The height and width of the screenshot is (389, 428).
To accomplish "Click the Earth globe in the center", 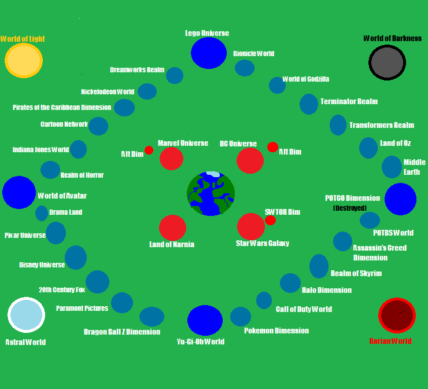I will [x=211, y=193].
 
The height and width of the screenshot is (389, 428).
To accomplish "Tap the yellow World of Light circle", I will [x=24, y=60].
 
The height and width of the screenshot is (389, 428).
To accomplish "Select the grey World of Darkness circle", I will [x=387, y=63].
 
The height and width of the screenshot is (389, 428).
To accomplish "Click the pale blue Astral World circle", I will [x=26, y=315].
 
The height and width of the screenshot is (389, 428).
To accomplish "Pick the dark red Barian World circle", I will [x=397, y=315].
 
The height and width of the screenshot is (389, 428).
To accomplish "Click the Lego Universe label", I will [x=206, y=33].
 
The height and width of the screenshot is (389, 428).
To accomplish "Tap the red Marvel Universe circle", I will [x=171, y=158].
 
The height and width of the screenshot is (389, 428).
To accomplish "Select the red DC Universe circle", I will [x=250, y=160].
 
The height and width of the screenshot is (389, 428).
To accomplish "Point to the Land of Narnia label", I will [x=171, y=244].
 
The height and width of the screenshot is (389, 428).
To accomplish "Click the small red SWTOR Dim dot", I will [x=270, y=221].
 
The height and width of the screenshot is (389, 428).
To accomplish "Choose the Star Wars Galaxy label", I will [x=262, y=243].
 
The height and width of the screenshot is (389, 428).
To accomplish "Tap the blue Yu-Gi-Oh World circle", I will [x=205, y=320].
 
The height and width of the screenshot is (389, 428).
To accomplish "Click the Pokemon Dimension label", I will [x=276, y=331].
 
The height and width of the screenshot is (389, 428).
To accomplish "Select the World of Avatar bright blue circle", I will [x=19, y=192].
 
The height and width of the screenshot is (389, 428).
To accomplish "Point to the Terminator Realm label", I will [x=349, y=101].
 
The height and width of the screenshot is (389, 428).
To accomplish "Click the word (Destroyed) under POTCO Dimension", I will [x=350, y=208].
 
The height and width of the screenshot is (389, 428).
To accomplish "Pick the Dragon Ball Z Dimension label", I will [x=122, y=332].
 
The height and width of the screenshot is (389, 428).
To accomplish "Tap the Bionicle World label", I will [x=253, y=53].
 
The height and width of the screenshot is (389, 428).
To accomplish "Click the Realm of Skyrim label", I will [x=356, y=273].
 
